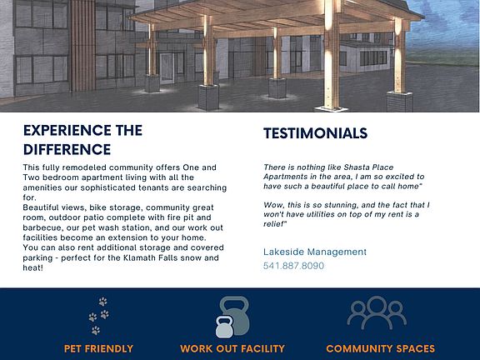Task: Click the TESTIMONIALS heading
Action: pos(315,133)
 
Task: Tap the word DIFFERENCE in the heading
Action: pos(67,150)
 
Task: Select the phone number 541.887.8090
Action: pos(293,265)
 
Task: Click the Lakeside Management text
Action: pos(315,252)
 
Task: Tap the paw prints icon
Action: pos(98,315)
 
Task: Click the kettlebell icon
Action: pos(232,317)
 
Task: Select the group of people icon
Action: pos(377,312)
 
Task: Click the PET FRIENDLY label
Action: pos(98,348)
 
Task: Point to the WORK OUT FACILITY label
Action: pos(232,348)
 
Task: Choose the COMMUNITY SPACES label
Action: pos(381,348)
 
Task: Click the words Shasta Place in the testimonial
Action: pos(368,167)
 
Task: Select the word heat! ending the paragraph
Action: pos(32,267)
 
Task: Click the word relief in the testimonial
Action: pos(274,224)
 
